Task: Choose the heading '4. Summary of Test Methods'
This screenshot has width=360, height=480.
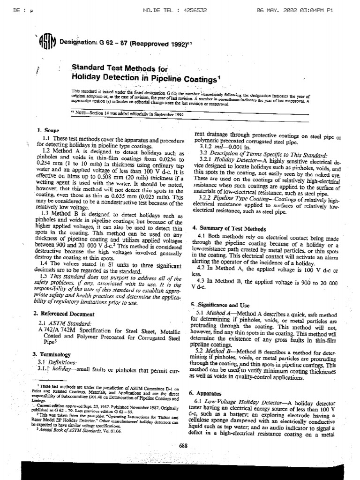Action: [x=229, y=229]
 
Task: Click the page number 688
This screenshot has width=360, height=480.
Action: [x=183, y=446]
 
